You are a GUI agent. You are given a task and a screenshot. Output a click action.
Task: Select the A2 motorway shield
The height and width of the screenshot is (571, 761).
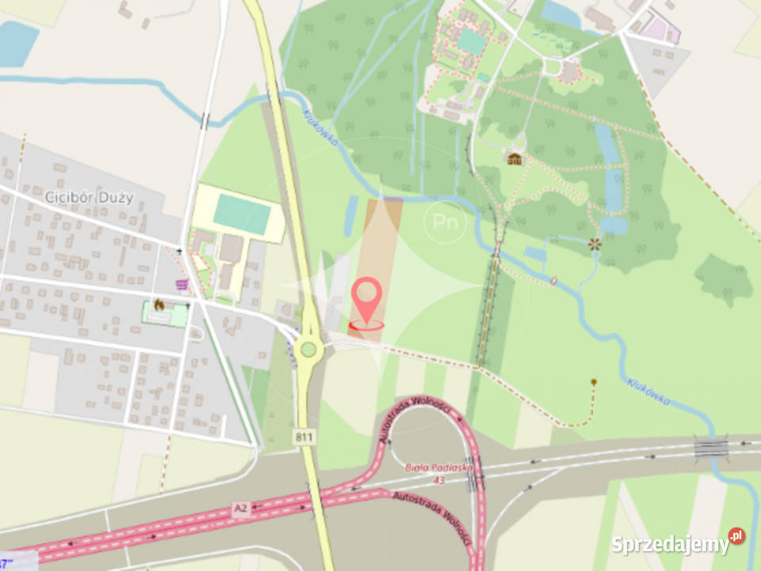point(242,507)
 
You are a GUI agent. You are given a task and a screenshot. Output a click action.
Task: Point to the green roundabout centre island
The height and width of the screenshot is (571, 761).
point(308,350)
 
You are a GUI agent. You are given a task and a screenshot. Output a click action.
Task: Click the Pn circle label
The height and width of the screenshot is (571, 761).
point(445,223)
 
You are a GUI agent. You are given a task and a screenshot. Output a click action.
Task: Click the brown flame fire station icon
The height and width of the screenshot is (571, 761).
point(159,305)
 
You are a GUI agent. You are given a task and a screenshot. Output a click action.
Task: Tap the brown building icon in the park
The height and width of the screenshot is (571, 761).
point(515,159)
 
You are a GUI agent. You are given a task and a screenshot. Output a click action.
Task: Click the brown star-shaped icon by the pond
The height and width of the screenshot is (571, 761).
point(593,245)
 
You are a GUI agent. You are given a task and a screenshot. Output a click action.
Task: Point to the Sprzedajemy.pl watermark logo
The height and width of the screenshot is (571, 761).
point(678,543)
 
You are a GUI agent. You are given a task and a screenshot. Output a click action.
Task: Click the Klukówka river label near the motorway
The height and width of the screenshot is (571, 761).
point(648,391)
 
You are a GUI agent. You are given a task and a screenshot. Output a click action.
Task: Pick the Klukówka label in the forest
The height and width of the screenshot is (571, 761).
point(320,127)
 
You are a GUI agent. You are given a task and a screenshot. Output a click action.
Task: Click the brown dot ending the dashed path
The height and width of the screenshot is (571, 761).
point(593,383)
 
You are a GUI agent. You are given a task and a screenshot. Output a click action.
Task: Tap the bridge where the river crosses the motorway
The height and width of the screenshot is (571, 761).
point(711,447)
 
